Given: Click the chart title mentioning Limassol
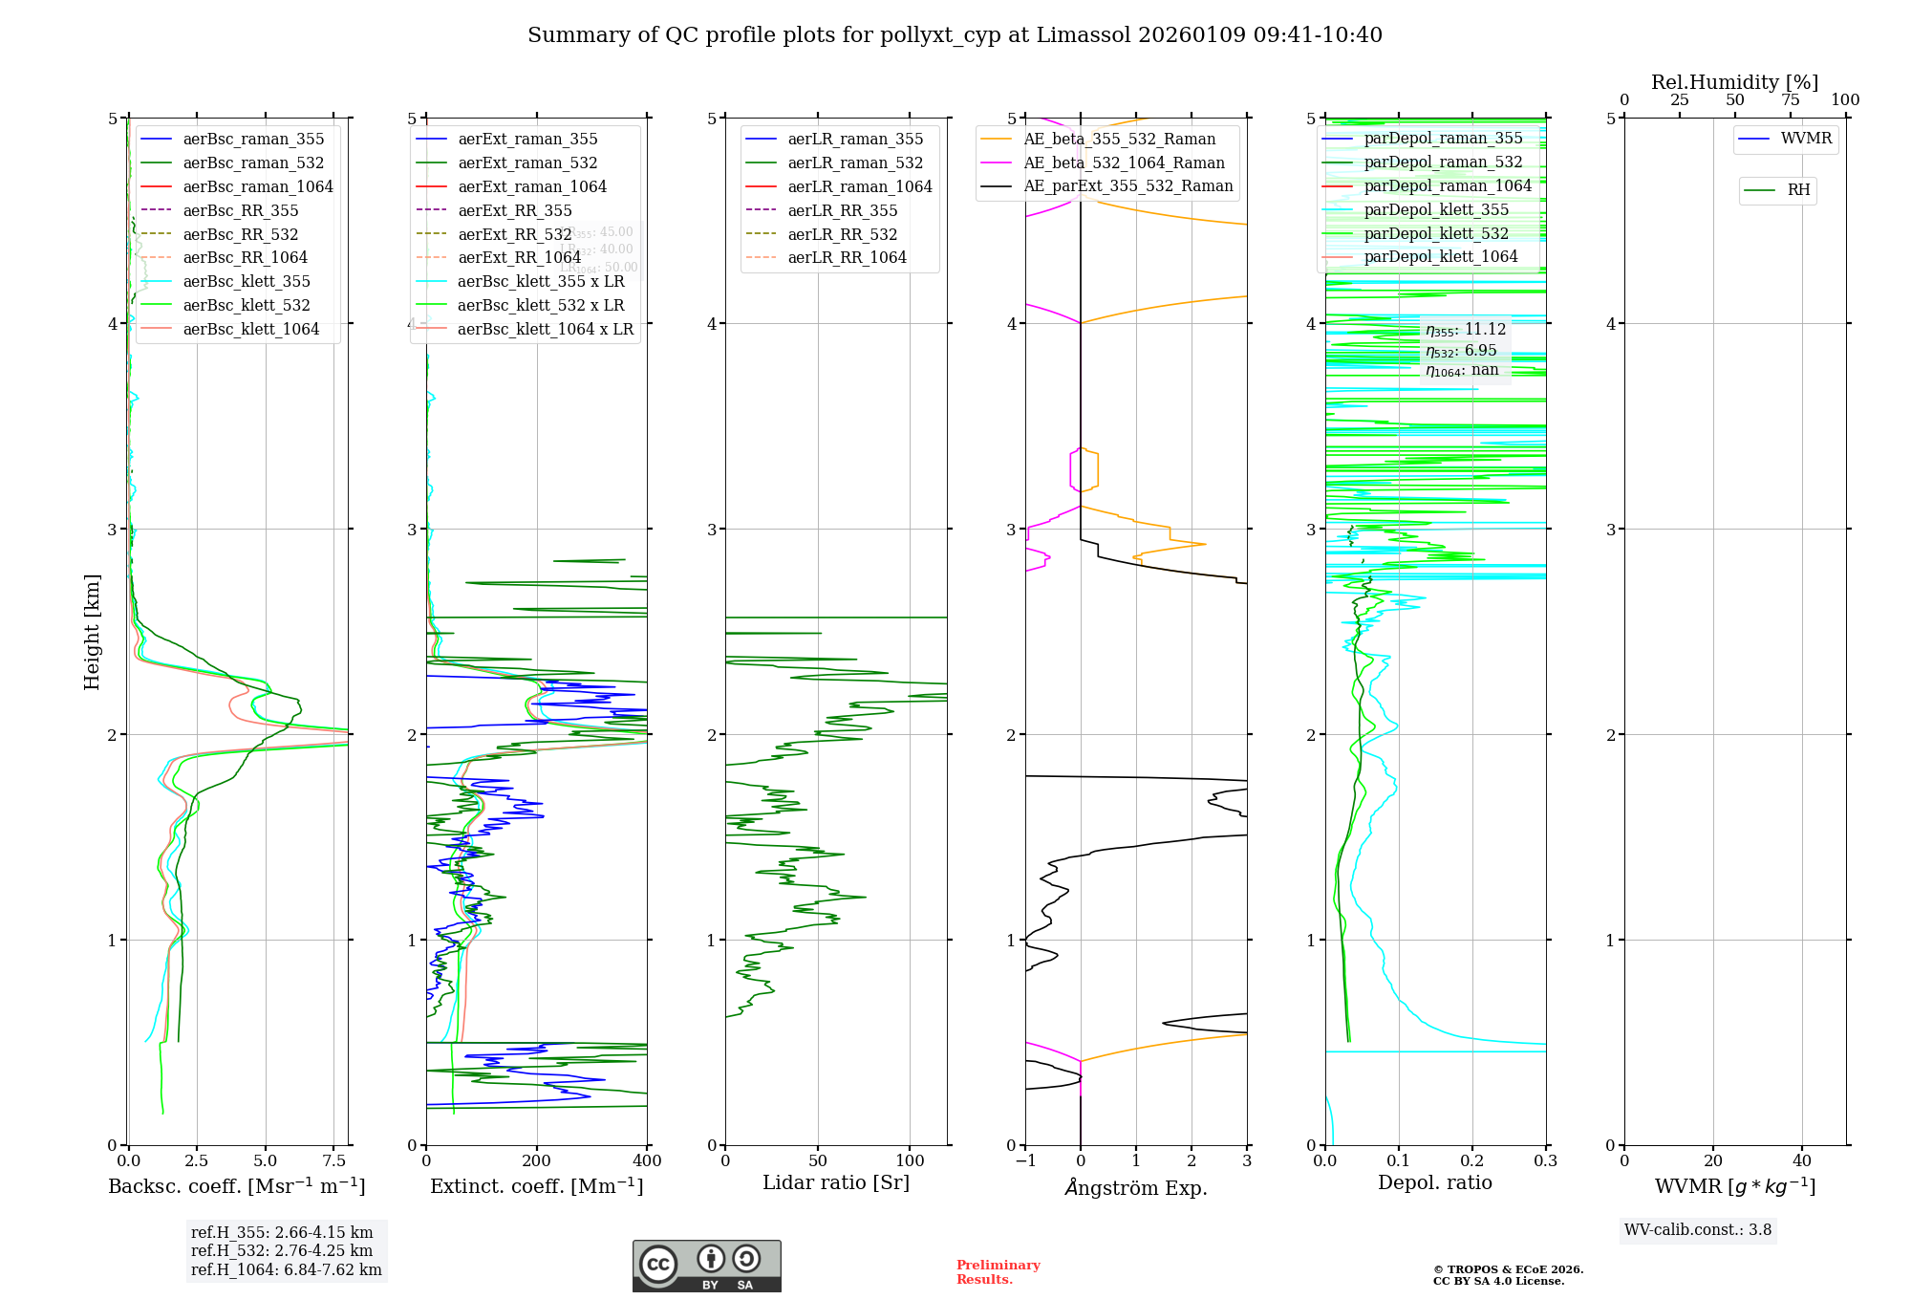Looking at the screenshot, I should [x=955, y=35].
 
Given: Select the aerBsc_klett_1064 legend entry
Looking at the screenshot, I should [x=250, y=329].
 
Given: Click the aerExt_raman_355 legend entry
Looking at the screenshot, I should [x=527, y=140].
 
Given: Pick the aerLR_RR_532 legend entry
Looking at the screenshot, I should [x=842, y=234].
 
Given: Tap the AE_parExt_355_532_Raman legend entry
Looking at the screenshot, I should [x=1127, y=185].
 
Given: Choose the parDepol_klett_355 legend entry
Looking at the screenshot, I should [x=1435, y=209].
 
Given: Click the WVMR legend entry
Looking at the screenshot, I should [x=1805, y=139].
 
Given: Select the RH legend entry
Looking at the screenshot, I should [x=1797, y=190].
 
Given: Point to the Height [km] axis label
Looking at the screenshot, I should [x=92, y=632].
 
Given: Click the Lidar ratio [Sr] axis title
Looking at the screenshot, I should [x=836, y=1182].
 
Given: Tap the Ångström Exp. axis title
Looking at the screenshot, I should [x=1136, y=1187].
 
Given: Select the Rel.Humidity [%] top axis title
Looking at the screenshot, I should [x=1734, y=82].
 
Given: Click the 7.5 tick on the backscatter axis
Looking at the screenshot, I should [x=334, y=1160].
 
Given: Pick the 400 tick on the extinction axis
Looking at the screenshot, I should [x=647, y=1160].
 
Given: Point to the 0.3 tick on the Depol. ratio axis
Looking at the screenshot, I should [x=1545, y=1160].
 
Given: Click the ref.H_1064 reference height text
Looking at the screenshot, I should [x=286, y=1269].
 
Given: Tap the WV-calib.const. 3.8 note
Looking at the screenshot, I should [x=1697, y=1230].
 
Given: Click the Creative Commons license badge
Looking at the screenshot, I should [x=706, y=1266].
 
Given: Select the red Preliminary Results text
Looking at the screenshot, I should [x=998, y=1271].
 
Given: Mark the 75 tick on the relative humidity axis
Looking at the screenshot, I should [x=1790, y=100].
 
